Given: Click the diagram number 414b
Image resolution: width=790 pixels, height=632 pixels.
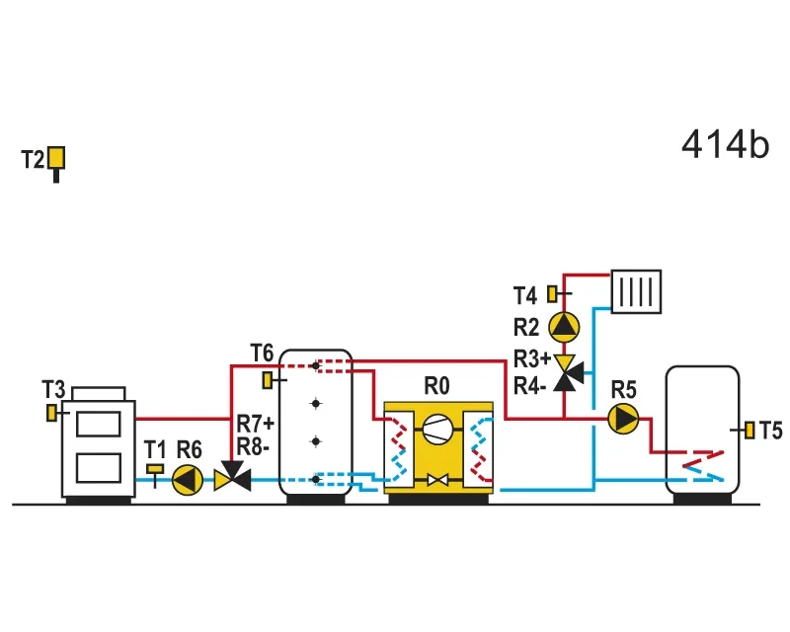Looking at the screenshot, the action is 725,144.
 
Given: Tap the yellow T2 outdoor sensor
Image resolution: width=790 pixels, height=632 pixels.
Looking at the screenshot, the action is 56,158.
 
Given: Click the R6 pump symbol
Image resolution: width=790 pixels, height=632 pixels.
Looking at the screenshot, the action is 188,480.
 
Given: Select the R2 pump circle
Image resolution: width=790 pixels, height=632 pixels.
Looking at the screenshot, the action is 564,327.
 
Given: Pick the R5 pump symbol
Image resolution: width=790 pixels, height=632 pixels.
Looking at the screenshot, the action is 623,419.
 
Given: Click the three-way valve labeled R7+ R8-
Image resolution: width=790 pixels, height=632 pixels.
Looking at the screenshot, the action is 232,476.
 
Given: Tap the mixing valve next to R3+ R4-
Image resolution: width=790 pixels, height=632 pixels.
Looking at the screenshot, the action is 568,373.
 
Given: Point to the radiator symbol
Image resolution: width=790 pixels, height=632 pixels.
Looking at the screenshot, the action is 636,291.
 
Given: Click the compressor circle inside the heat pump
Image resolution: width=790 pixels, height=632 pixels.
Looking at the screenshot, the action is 437,430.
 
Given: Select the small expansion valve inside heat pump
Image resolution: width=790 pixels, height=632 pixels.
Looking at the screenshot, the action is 437,480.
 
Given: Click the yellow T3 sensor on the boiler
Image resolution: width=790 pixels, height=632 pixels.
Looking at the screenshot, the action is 51,413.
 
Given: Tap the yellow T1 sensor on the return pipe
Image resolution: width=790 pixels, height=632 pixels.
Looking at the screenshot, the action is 155,469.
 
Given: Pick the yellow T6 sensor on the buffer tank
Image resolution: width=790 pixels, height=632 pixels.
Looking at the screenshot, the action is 268,380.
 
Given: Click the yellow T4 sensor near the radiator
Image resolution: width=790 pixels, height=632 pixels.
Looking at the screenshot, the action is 552,294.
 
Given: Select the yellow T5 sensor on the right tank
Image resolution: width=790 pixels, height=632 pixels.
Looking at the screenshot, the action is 750,430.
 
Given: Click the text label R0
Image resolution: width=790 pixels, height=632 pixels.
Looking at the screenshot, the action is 436,386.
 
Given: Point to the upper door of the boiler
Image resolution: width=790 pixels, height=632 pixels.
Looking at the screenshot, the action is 98,425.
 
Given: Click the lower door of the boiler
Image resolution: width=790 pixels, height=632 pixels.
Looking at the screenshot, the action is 98,468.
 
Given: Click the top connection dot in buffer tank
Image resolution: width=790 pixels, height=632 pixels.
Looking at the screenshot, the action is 315,365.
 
